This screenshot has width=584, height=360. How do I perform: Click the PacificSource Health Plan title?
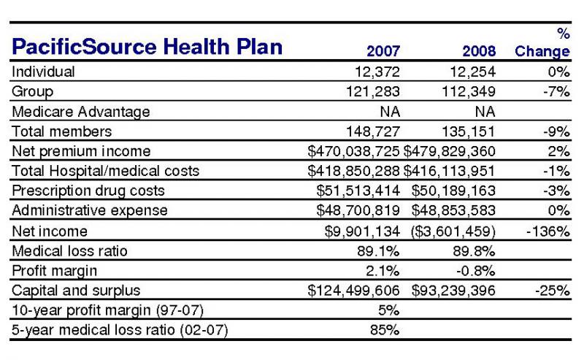[x=147, y=47]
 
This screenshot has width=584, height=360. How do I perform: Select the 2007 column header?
[x=383, y=51]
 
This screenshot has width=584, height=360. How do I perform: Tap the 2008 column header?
[x=479, y=51]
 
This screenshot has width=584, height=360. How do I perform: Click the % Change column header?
[x=542, y=42]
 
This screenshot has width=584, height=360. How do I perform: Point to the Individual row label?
[x=43, y=72]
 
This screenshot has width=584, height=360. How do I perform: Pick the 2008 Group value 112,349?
[x=469, y=91]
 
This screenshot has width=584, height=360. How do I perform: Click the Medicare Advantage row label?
[x=81, y=112]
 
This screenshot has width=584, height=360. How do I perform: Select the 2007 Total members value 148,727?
[x=373, y=131]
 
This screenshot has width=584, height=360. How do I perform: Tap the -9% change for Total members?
[x=556, y=131]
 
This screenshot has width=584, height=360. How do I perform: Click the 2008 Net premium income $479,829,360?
[x=450, y=151]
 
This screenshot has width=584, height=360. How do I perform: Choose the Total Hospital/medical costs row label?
[x=106, y=171]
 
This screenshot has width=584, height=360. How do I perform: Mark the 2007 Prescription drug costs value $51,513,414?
[x=358, y=191]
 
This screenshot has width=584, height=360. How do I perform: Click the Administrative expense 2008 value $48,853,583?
[x=453, y=210]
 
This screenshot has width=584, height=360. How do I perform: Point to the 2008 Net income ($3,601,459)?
[x=453, y=231]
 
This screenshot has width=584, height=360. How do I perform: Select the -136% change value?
[x=548, y=231]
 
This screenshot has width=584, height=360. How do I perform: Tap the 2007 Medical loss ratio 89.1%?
[x=378, y=250]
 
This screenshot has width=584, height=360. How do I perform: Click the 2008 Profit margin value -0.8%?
[x=476, y=271]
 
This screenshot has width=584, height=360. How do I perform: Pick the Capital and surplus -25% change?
[x=553, y=291]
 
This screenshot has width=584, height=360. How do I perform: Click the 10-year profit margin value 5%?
[x=389, y=310]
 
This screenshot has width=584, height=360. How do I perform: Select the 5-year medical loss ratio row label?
[x=120, y=330]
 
